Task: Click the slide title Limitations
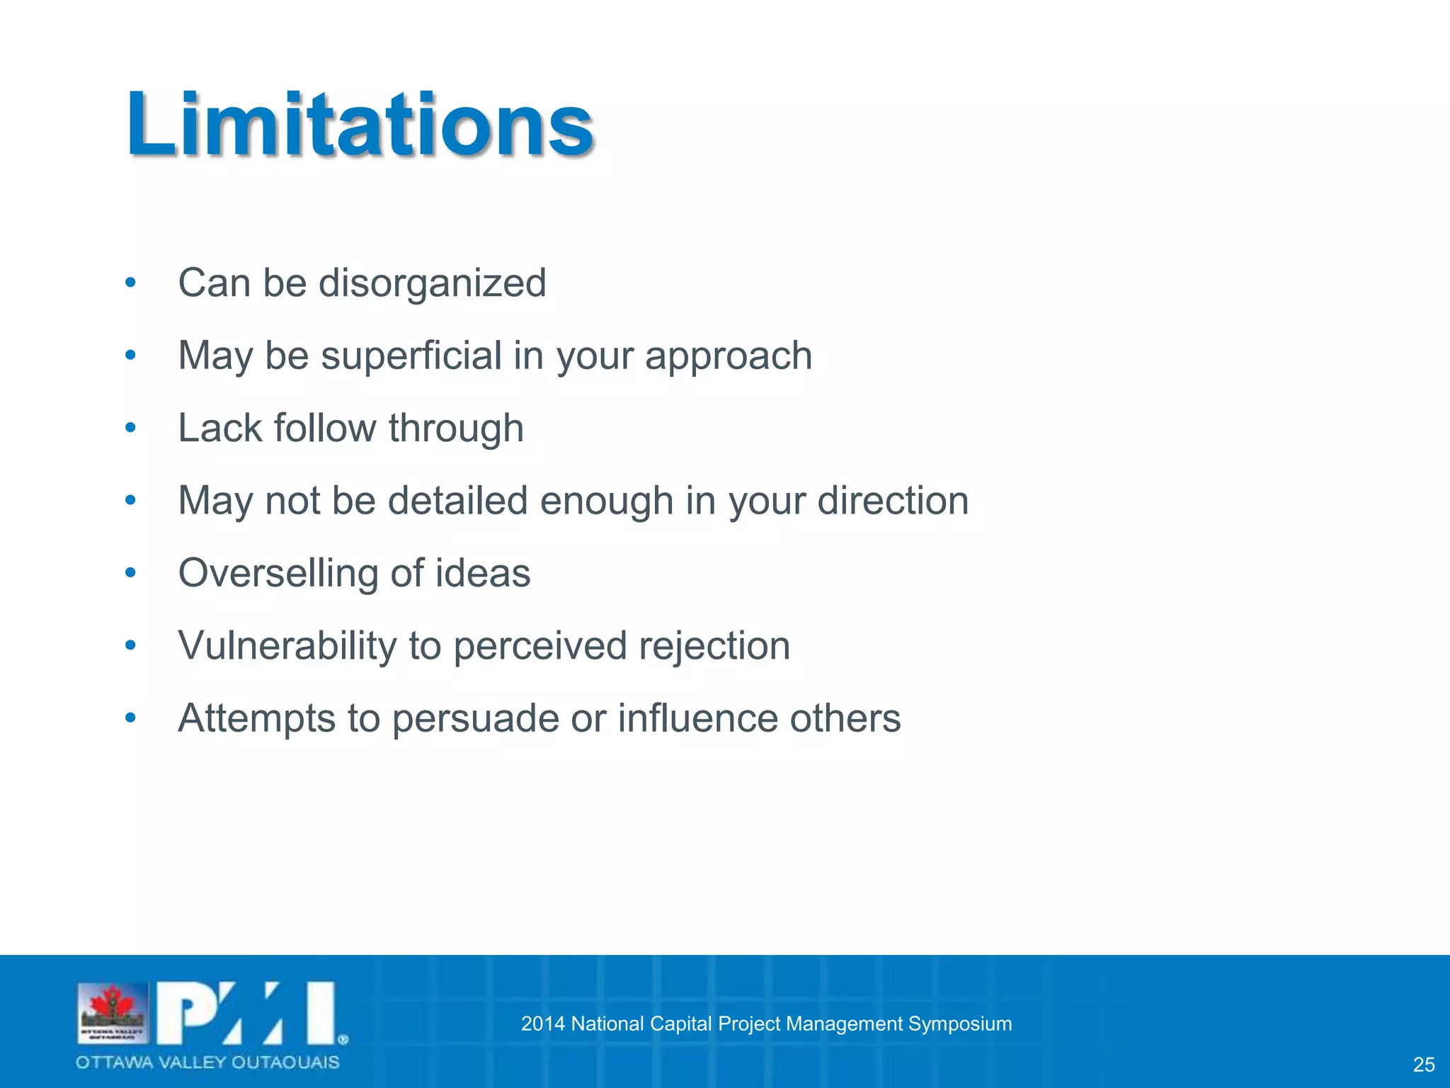point(360,125)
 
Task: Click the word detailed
point(457,501)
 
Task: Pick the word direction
point(893,501)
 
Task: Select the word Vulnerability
point(287,647)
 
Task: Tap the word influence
point(697,718)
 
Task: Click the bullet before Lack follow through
point(130,428)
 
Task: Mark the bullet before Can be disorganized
point(130,283)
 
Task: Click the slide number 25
point(1424,1065)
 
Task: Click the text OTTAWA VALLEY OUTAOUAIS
point(207,1062)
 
